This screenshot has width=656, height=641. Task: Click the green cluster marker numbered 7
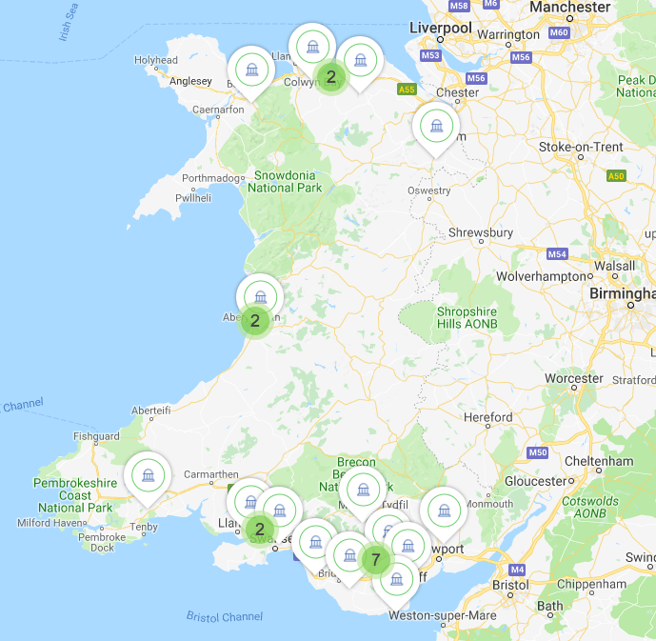(376, 560)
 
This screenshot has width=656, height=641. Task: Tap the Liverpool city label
(440, 29)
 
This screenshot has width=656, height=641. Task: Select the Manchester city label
(569, 8)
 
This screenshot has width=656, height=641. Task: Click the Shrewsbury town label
(481, 233)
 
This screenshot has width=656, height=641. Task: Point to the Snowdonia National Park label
(285, 181)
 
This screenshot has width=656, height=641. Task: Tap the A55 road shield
(407, 90)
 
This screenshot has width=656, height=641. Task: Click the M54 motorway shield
(557, 254)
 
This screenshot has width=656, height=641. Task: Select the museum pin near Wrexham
(436, 126)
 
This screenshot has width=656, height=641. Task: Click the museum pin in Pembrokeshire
(148, 474)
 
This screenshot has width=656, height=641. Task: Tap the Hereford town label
(487, 417)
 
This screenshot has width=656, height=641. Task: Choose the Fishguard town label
(97, 436)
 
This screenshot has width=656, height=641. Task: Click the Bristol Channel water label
(224, 617)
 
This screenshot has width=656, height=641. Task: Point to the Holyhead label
(155, 60)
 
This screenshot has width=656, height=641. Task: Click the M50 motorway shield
(538, 452)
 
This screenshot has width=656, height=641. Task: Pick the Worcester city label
(574, 379)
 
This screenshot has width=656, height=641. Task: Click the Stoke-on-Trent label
(581, 147)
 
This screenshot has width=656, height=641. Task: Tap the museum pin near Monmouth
(443, 511)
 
